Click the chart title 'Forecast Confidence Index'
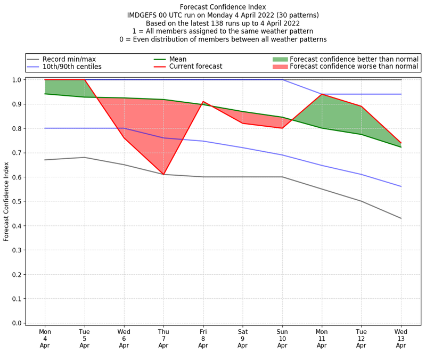pos(223,7)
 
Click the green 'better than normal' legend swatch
pos(280,59)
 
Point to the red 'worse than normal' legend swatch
pos(280,67)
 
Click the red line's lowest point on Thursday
pos(163,174)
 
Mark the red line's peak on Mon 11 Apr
pos(322,94)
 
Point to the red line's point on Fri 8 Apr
pos(203,101)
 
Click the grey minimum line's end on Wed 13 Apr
pos(400,218)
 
